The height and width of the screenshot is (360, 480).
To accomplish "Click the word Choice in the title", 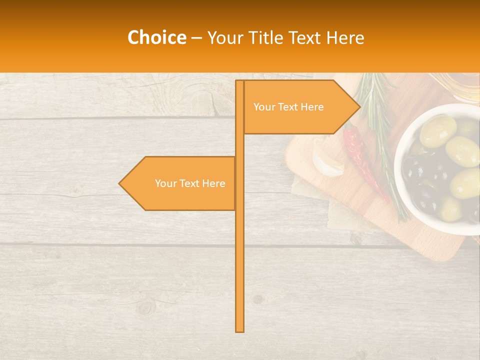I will point(156,37).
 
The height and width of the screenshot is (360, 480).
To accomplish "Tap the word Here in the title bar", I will point(344,37).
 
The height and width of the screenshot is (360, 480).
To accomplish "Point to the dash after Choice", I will point(196,38).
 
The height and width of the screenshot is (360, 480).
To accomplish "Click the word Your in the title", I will point(226,37).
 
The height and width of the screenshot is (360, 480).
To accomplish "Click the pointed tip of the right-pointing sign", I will point(359,106).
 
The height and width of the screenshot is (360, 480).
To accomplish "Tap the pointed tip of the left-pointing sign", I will point(119,183).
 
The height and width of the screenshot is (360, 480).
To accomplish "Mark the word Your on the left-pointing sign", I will point(165,183).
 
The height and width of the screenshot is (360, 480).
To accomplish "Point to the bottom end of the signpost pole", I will point(239,330).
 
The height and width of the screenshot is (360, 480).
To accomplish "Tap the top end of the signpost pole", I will point(239,81).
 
